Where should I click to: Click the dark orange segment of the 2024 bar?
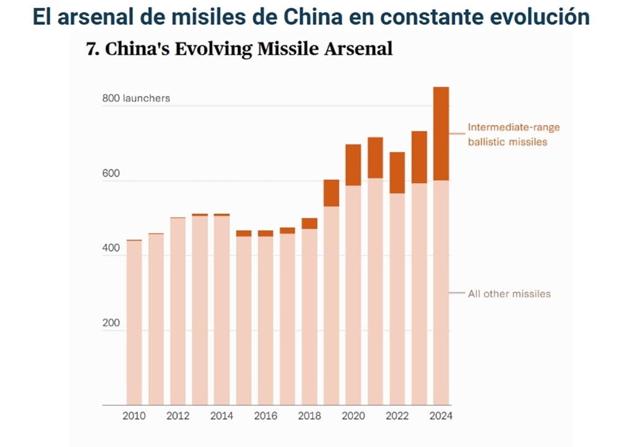pyautogui.click(x=441, y=134)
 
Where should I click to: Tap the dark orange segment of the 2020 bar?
pyautogui.click(x=353, y=165)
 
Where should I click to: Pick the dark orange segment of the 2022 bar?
pyautogui.click(x=397, y=172)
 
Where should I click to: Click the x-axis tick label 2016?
pyautogui.click(x=266, y=416)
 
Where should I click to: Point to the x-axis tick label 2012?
pyautogui.click(x=178, y=416)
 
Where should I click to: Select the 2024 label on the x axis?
pyautogui.click(x=441, y=416)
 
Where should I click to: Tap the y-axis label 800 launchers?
pyautogui.click(x=137, y=98)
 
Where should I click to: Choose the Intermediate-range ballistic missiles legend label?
pyautogui.click(x=513, y=134)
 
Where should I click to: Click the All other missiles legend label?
pyautogui.click(x=509, y=293)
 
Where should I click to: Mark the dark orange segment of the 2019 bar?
pyautogui.click(x=332, y=193)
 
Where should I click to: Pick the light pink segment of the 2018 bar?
pyautogui.click(x=309, y=317)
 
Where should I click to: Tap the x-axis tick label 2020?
pyautogui.click(x=353, y=416)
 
